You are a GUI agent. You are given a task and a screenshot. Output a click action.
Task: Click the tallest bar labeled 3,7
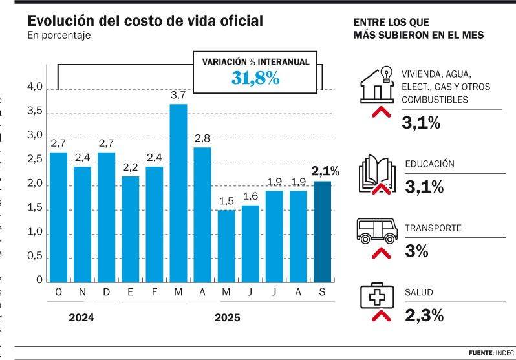coord(178,193)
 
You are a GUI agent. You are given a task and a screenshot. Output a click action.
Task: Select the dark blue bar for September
coord(323,231)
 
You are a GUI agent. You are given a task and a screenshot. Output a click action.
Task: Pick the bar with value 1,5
coord(226,246)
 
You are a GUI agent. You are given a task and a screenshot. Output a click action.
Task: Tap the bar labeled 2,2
coord(130,229)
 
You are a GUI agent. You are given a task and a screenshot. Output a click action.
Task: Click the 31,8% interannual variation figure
coord(255,79)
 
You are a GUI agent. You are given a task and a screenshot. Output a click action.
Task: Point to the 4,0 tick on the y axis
coord(35,87)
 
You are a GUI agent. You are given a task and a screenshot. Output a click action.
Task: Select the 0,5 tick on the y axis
coord(35,257)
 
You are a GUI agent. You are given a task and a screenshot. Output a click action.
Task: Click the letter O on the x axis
coord(58,293)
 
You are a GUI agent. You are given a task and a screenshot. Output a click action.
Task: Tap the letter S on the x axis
coord(323,293)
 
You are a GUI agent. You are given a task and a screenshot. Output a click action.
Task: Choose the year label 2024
coord(81,318)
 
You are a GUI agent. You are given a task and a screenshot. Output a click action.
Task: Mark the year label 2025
coord(227,318)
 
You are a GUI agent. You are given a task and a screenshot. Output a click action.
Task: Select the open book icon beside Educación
coord(377,173)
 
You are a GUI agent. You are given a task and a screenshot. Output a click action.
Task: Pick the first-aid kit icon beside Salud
coord(377,297)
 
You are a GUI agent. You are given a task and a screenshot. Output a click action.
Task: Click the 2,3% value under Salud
coord(424,316)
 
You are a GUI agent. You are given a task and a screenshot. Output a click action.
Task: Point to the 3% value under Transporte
coord(417,251)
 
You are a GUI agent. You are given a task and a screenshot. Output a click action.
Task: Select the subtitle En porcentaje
coord(59,36)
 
